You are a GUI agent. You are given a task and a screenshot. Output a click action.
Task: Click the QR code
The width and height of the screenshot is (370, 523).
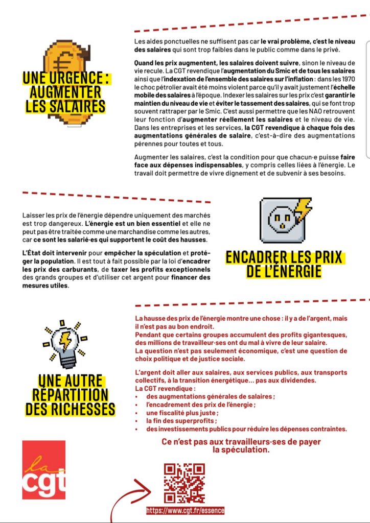[184, 483]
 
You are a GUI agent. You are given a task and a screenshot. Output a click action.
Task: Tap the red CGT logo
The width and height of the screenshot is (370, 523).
[44, 469]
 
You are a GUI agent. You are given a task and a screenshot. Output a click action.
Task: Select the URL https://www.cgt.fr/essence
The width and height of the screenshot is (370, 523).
[185, 510]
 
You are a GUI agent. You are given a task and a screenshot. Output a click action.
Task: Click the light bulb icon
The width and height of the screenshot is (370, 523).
[65, 345]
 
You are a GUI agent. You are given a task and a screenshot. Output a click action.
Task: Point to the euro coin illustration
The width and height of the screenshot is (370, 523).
[65, 61]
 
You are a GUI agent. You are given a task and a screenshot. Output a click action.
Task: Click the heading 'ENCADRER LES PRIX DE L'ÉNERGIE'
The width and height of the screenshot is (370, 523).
[284, 264]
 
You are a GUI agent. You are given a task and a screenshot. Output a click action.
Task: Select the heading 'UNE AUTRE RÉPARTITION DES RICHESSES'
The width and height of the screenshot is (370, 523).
[70, 395]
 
